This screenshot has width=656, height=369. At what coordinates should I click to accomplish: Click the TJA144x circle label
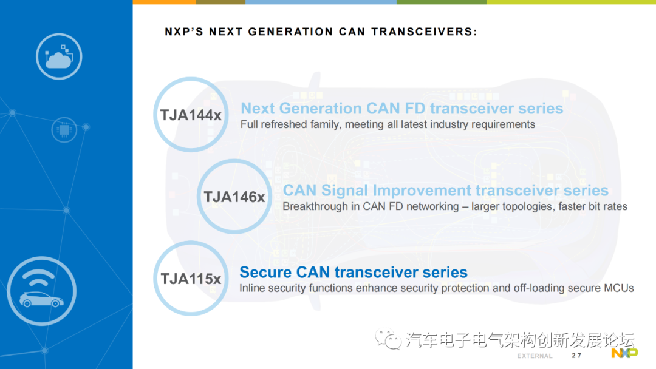click(191, 115)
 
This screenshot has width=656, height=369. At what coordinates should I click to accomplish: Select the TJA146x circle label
click(234, 197)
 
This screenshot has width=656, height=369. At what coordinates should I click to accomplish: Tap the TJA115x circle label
click(191, 279)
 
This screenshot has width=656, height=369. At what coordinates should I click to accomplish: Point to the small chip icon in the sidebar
click(64, 130)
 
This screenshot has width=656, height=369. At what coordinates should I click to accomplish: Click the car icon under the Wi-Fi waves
click(41, 299)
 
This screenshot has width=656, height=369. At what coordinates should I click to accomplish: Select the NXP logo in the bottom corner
click(624, 354)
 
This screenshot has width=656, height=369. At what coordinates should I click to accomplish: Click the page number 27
click(576, 356)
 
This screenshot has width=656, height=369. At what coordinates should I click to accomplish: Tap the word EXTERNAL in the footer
click(535, 356)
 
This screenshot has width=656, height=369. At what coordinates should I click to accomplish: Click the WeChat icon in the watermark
click(388, 339)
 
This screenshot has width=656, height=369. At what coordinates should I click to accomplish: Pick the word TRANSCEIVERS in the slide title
click(424, 32)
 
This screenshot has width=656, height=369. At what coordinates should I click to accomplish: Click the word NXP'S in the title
click(184, 32)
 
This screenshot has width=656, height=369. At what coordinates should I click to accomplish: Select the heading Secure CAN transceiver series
click(354, 272)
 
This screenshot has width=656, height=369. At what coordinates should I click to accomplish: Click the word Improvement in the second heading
click(422, 191)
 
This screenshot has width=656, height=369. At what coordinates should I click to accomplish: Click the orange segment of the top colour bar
click(165, 2)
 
